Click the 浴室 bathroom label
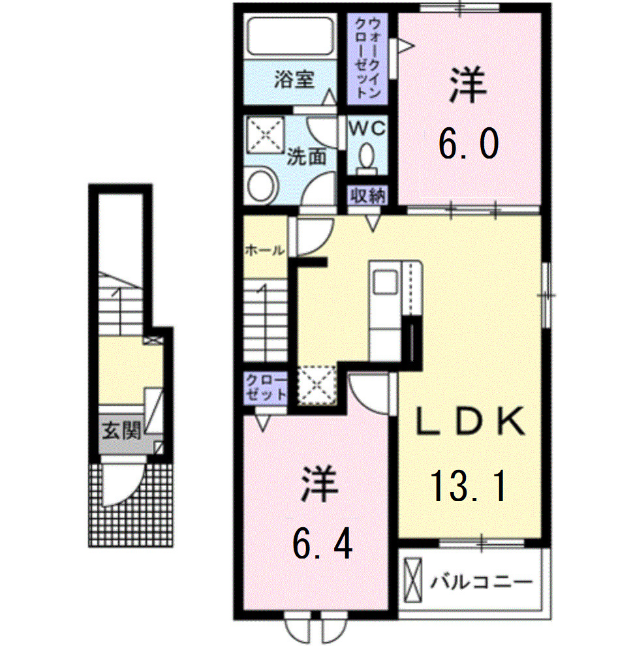click(295, 80)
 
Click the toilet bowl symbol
click(367, 159)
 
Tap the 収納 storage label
click(368, 196)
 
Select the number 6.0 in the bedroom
click(469, 145)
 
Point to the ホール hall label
click(264, 249)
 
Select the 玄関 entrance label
click(121, 431)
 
